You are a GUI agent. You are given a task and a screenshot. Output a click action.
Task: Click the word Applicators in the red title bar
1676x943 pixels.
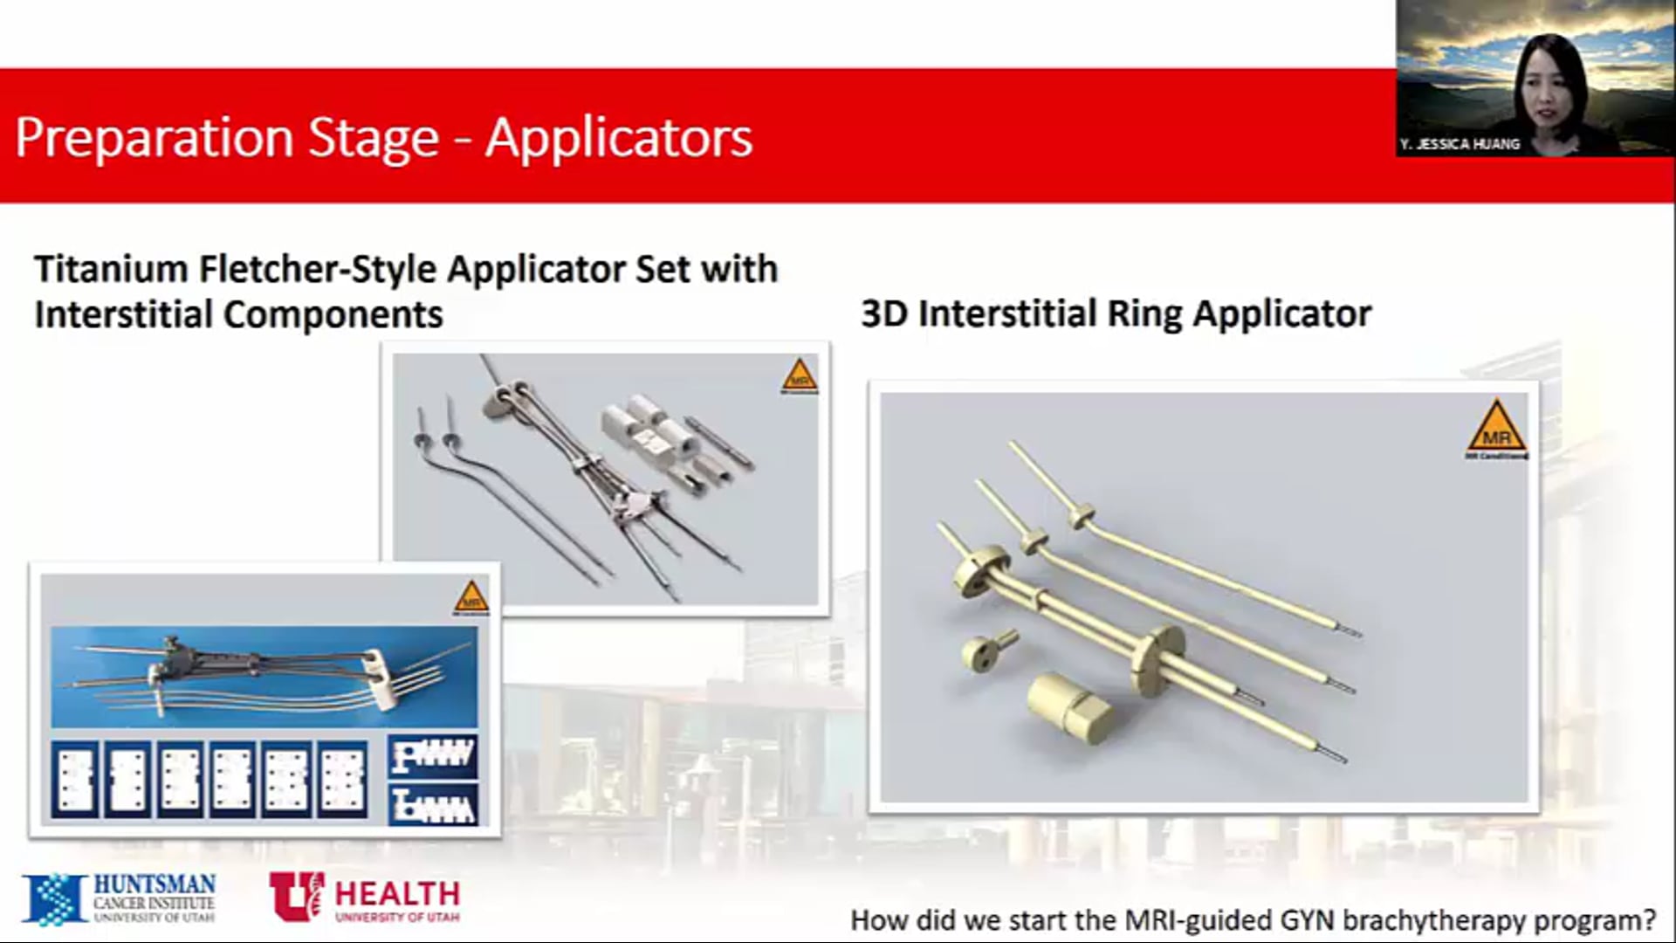coord(618,138)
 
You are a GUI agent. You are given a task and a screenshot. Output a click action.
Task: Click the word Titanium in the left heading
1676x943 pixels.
coord(109,268)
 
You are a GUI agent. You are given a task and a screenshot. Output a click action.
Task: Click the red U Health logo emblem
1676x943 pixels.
coord(296,895)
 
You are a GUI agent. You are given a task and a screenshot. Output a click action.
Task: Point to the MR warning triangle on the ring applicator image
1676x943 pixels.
coord(1496,428)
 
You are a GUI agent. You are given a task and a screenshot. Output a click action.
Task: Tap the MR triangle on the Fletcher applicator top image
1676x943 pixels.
coord(800,376)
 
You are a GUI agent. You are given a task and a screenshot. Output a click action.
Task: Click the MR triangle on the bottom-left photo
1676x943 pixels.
coord(471,597)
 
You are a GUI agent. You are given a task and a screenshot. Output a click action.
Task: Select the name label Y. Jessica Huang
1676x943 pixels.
coord(1460,144)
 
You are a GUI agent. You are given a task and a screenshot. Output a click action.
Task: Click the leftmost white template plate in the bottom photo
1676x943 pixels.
coord(74,779)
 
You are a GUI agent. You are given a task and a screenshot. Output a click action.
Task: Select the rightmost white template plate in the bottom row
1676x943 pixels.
coord(342,779)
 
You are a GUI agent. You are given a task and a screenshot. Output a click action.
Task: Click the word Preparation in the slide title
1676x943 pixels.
coord(154,138)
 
